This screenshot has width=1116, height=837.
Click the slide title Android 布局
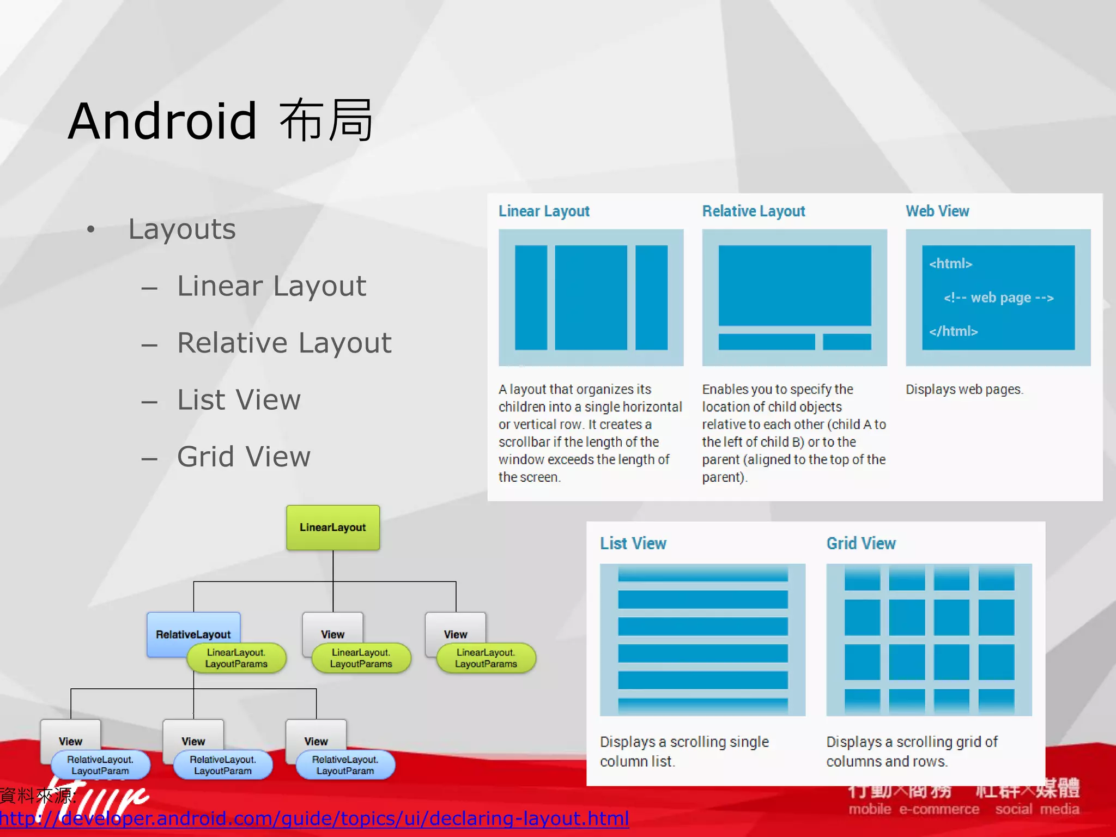(221, 121)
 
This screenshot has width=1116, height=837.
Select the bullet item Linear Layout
(271, 286)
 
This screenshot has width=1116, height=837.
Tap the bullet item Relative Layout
(284, 343)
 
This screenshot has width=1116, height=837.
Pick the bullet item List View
(239, 400)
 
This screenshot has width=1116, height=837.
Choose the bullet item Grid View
(244, 457)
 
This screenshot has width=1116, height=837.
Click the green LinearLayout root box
(332, 527)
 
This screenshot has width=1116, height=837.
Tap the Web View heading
(937, 211)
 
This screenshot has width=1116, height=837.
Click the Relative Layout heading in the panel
(753, 211)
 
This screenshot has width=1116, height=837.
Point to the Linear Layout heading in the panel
(544, 211)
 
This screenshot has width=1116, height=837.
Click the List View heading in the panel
(633, 543)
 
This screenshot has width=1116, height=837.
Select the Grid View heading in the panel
(861, 543)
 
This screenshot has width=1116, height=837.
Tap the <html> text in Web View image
(950, 264)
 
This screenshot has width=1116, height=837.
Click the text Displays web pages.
(964, 390)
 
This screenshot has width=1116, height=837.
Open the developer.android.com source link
(314, 818)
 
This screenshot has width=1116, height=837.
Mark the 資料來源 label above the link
(37, 796)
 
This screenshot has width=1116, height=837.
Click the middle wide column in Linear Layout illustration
(591, 298)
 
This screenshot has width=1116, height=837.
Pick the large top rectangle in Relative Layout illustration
(794, 286)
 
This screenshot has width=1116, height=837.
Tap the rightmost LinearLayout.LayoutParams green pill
(486, 658)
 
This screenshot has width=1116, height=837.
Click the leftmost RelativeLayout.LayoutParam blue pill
(100, 765)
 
